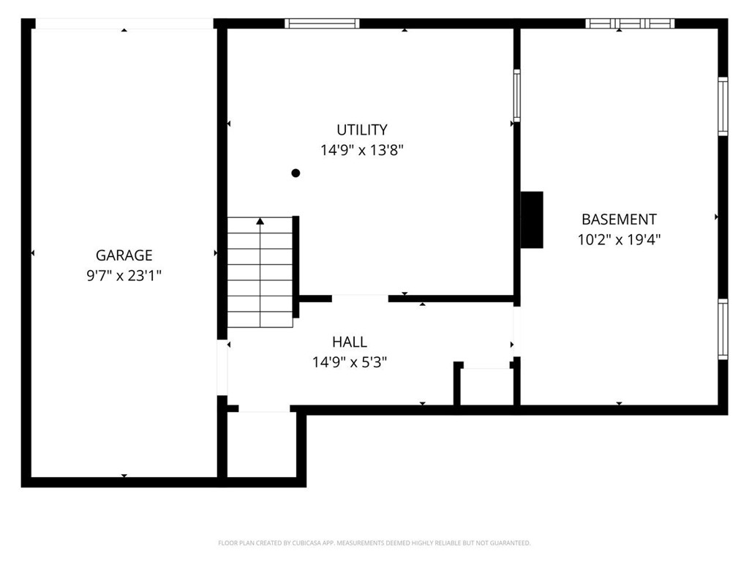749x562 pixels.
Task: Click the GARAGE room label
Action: [124, 255]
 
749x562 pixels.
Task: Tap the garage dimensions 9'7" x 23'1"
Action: [124, 276]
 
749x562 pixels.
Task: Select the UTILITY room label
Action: [361, 130]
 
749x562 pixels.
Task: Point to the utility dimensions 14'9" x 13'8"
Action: [361, 151]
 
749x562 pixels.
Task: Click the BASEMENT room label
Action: [619, 219]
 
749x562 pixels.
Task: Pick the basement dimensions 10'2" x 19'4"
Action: [619, 239]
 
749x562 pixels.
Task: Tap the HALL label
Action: [350, 342]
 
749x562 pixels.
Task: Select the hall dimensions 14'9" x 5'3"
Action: [350, 361]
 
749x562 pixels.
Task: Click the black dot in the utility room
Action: [296, 173]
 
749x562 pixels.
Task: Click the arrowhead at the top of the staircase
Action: [260, 220]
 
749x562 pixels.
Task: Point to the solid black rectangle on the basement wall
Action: [532, 220]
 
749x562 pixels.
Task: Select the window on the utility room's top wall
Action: [322, 23]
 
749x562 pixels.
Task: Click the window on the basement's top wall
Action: [630, 23]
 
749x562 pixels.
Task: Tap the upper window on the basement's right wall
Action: [723, 107]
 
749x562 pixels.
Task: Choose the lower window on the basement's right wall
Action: [723, 329]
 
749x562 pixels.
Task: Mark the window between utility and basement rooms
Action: [516, 95]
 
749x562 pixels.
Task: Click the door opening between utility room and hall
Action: [360, 298]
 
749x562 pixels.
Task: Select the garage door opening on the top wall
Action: [124, 23]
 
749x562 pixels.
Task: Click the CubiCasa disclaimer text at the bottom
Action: [374, 543]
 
